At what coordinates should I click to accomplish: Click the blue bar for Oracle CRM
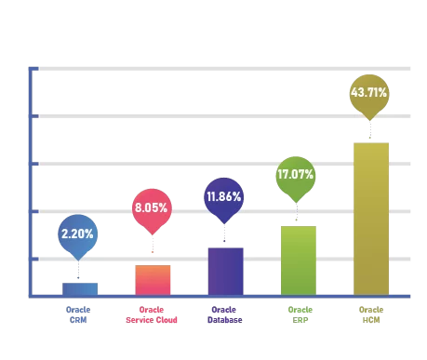79,288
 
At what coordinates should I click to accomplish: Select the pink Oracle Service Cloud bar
153,280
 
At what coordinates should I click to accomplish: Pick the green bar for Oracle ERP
299,260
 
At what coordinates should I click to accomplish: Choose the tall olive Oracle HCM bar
370,219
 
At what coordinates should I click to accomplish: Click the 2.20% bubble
77,233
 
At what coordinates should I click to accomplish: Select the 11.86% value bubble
224,197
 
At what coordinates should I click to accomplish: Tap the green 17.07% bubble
295,174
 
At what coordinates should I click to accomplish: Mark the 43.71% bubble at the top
369,93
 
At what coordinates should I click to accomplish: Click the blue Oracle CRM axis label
78,313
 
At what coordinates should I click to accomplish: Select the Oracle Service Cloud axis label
152,313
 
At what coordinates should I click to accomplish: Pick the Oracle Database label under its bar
225,313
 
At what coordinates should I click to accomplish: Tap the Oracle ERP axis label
299,313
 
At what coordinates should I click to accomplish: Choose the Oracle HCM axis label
370,313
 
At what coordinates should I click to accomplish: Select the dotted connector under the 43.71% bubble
370,131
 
